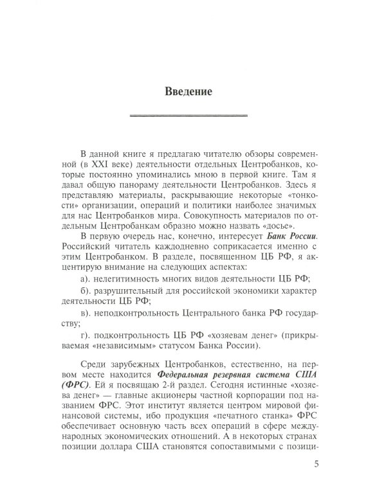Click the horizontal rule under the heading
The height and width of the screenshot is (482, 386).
pyautogui.click(x=188, y=116)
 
